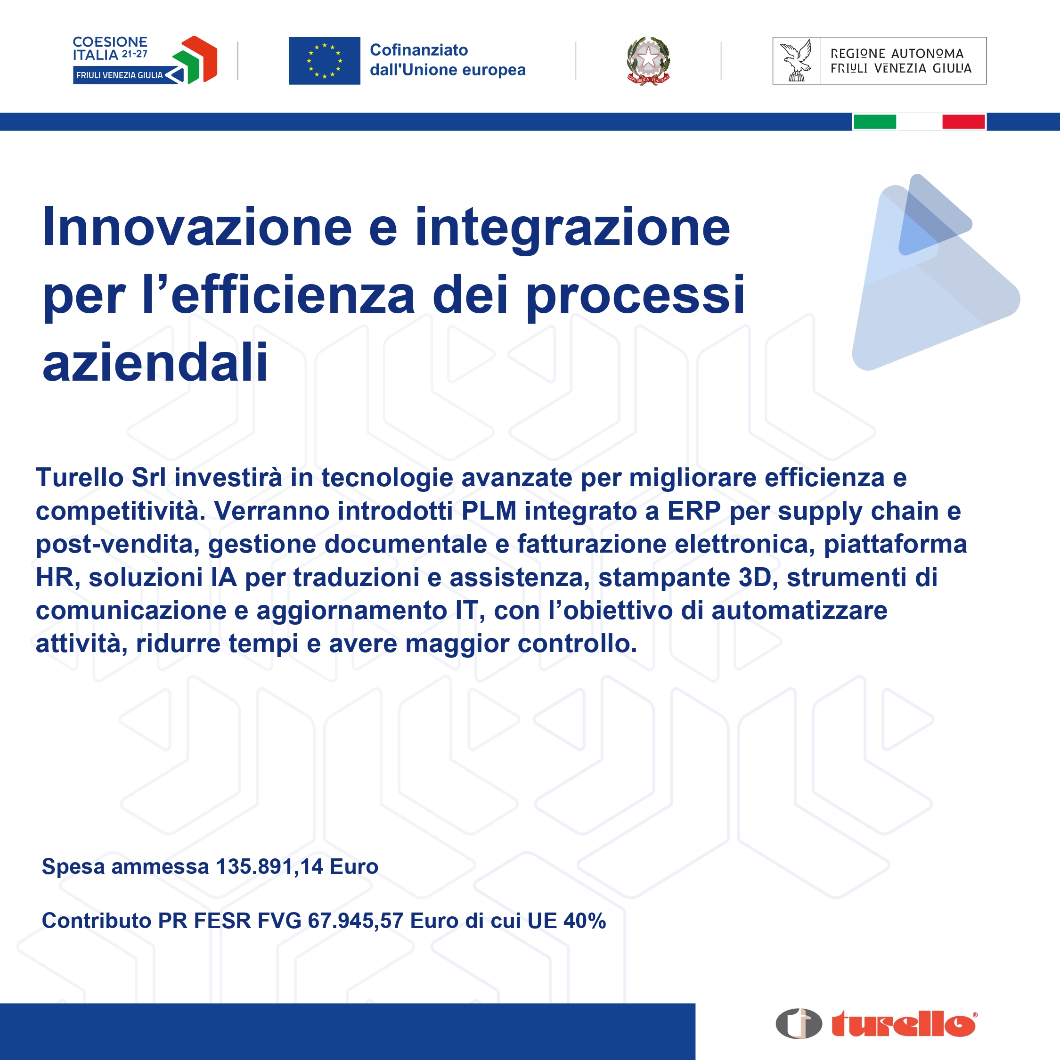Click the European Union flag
click(x=324, y=61)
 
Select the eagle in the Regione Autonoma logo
click(x=796, y=60)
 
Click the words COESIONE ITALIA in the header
click(x=110, y=48)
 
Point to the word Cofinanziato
click(x=419, y=50)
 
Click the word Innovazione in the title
click(x=197, y=227)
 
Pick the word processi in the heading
click(x=636, y=296)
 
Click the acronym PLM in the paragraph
click(x=489, y=511)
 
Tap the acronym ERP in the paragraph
click(x=693, y=511)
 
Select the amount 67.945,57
click(x=356, y=921)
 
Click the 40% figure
click(x=584, y=921)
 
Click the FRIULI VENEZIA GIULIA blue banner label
click(x=119, y=75)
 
